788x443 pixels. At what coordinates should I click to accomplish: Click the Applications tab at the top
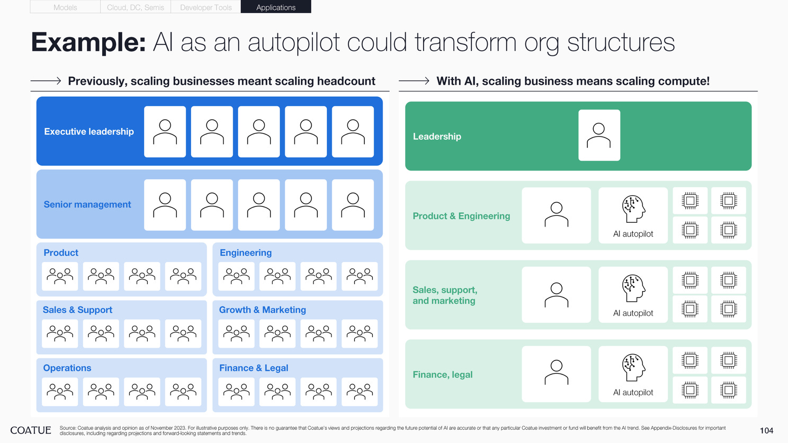point(275,7)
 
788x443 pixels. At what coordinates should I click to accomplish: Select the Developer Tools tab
point(205,7)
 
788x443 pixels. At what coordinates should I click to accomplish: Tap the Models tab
point(65,7)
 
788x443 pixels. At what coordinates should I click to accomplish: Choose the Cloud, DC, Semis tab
point(135,7)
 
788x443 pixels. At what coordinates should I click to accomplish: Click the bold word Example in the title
point(88,42)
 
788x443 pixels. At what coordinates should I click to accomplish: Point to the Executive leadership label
point(88,131)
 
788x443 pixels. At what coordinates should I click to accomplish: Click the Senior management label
point(87,204)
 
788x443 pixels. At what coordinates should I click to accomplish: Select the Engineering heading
point(245,252)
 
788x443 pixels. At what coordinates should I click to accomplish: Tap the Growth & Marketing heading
point(262,310)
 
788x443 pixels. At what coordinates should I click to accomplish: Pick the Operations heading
point(67,368)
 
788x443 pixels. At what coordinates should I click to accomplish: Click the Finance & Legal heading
point(254,368)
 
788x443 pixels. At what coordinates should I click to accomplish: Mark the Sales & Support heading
point(77,310)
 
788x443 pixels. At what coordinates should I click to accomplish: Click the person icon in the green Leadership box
point(599,135)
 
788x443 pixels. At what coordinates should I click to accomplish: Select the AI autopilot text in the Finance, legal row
point(633,392)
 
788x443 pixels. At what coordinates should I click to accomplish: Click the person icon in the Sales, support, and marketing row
point(556,295)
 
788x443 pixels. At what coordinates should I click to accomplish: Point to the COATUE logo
point(31,430)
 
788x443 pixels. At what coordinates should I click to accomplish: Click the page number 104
point(766,430)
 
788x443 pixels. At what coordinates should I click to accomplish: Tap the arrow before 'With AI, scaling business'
point(414,81)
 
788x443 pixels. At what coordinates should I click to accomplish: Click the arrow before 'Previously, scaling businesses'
point(46,81)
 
